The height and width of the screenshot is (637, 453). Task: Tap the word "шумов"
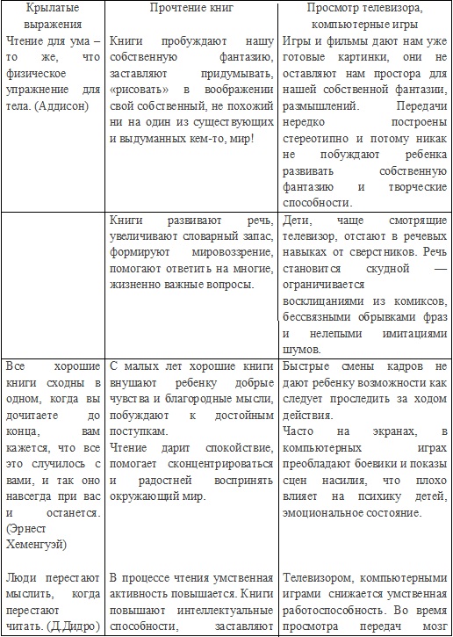pos(303,349)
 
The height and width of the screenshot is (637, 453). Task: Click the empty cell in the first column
pos(54,281)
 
